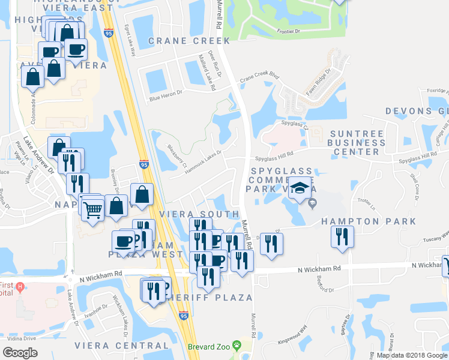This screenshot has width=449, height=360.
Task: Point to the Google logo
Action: [x=20, y=352]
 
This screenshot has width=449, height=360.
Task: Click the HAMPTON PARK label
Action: [x=368, y=221]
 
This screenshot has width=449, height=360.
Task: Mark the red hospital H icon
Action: [x=20, y=286]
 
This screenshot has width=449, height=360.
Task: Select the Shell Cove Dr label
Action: [x=414, y=180]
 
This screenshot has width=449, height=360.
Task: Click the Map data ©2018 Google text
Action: [x=411, y=355]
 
